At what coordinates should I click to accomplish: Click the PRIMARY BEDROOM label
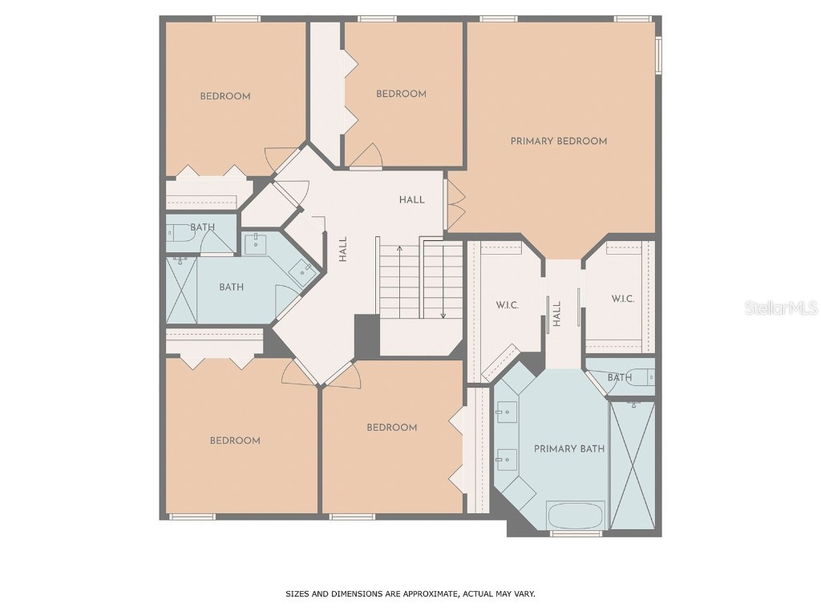(x=559, y=141)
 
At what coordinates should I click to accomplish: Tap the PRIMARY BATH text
(x=569, y=449)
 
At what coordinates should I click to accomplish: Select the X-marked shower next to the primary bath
(x=633, y=464)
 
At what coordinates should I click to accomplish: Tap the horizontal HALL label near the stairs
(x=412, y=199)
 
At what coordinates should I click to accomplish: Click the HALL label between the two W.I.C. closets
(x=556, y=313)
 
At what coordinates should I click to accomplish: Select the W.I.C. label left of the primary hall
(x=508, y=305)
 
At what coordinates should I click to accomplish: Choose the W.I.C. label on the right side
(x=623, y=299)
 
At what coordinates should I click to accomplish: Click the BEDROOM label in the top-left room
(x=225, y=96)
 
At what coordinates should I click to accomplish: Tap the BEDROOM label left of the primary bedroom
(x=401, y=94)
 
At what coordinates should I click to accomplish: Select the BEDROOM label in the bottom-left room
(x=235, y=440)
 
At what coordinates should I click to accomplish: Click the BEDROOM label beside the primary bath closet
(x=392, y=428)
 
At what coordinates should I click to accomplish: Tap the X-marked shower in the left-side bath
(x=182, y=290)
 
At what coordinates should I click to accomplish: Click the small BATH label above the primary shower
(x=619, y=377)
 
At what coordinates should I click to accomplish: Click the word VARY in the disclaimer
(x=524, y=594)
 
